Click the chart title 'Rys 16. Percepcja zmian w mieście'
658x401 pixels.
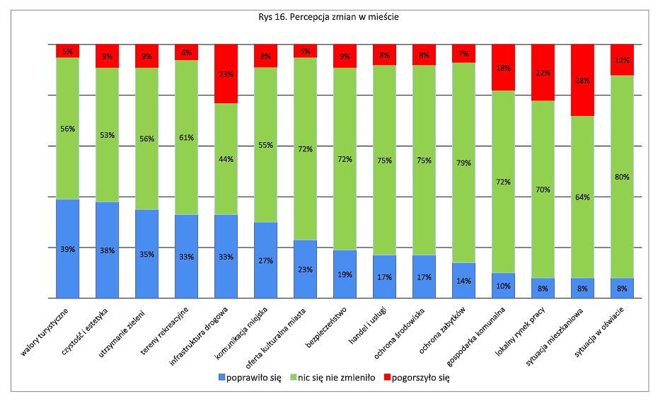coord(329,17)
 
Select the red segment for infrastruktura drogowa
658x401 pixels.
coord(226,74)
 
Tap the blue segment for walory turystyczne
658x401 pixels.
coord(68,249)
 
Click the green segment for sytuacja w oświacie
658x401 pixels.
coord(621,177)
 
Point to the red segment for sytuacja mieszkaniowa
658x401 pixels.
coord(582,80)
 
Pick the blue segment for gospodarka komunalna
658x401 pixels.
coord(503,286)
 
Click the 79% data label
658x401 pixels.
coord(463,163)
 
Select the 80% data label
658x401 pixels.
coord(621,177)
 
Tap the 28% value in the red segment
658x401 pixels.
coord(582,80)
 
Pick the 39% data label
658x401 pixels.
coord(68,249)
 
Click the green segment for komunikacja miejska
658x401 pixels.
coord(265,145)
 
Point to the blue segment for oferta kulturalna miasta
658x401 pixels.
coord(305,269)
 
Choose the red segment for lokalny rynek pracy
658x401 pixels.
coord(543,73)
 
